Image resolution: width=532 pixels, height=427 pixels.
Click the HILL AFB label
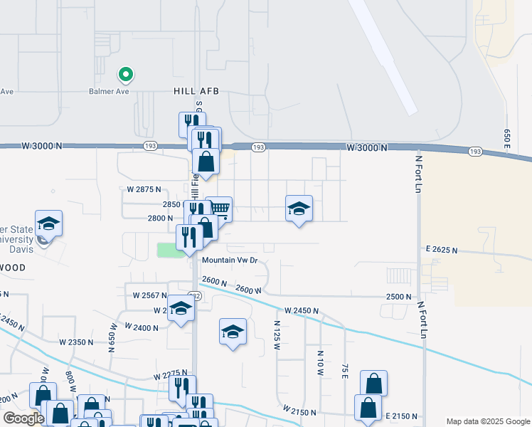(196, 91)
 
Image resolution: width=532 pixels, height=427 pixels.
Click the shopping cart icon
(220, 209)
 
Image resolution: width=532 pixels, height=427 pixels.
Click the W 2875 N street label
(144, 190)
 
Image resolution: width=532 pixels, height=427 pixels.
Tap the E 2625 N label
(442, 251)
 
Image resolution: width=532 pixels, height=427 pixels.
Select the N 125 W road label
(278, 334)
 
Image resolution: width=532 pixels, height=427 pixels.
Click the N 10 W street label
(320, 362)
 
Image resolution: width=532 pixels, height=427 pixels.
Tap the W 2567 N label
(149, 295)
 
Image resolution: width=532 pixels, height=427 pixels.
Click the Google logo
(23, 418)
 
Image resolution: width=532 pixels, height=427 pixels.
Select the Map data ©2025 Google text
(487, 421)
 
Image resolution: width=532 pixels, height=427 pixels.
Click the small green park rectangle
(168, 250)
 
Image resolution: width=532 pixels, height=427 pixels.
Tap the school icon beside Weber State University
(48, 223)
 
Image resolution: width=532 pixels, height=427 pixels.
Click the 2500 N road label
(399, 296)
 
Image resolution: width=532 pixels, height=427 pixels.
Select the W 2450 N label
(302, 311)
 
